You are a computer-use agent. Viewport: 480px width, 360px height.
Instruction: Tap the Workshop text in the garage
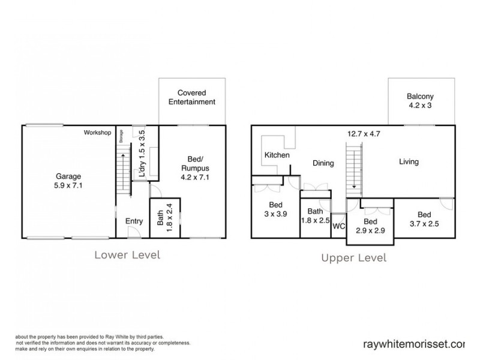pos(98,132)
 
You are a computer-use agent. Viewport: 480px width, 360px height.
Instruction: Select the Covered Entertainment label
pos(193,98)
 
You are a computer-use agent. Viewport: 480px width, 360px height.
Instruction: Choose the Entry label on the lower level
pos(134,221)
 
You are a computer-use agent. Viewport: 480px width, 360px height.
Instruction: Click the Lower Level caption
pos(127,255)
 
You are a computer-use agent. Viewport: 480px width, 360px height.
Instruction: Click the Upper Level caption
pos(354,258)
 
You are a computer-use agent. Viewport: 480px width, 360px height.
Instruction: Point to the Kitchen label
pos(277,155)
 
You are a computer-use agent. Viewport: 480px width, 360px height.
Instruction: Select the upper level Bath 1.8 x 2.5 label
pos(316,216)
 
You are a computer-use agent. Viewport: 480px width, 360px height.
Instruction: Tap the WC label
pos(338,226)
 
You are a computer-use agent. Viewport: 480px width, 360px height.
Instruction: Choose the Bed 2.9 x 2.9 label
pos(370,226)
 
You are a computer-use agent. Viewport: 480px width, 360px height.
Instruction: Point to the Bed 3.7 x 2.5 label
pos(424,220)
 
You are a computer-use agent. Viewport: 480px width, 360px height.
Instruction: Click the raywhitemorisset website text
pos(414,344)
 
